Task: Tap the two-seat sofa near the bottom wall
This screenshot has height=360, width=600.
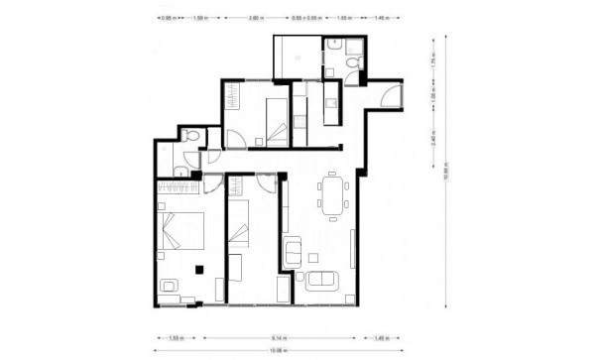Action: point(322,283)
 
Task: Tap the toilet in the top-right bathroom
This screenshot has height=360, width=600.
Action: point(352,63)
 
